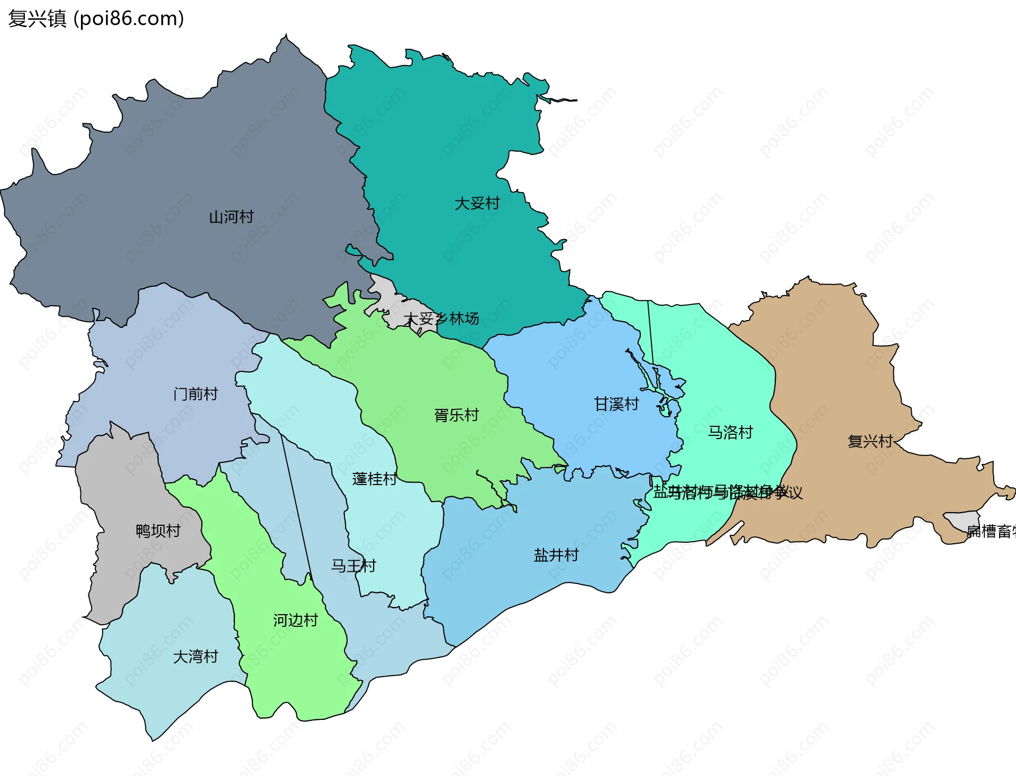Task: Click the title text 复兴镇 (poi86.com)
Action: point(96,19)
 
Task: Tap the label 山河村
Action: point(231,217)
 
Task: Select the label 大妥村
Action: point(477,203)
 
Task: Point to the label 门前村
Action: point(195,394)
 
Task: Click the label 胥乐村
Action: point(456,415)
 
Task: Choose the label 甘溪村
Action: point(616,404)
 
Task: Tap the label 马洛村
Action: point(730,432)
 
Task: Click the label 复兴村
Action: point(869,441)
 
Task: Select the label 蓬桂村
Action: point(374,479)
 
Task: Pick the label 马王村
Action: point(353,565)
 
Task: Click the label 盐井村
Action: point(556,555)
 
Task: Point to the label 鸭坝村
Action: point(158,531)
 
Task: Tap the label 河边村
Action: point(295,620)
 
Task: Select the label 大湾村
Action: point(195,656)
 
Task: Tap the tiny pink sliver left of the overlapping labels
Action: point(650,481)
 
